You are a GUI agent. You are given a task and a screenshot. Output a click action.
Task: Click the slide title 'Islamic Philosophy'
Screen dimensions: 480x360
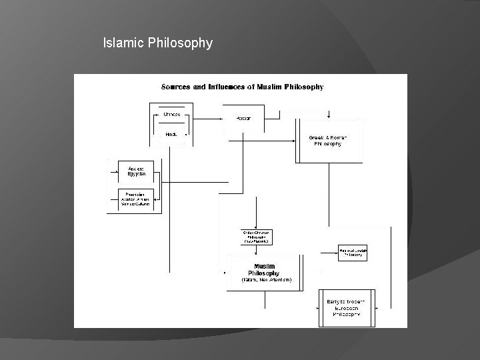pos(158,43)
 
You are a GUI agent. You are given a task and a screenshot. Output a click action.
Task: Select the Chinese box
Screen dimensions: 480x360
pos(171,115)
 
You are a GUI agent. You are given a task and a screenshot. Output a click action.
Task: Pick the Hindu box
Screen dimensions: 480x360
pos(171,134)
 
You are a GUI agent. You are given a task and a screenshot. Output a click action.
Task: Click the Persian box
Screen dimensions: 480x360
pos(244,118)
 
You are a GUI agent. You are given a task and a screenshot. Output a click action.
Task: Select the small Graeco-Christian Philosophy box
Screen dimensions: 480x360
pos(257,237)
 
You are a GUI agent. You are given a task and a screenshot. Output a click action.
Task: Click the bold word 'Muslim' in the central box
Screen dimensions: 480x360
pos(264,266)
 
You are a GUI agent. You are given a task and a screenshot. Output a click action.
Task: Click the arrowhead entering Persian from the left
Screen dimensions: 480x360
pos(222,118)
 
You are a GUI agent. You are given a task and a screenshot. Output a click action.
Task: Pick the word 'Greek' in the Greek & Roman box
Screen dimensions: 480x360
pos(317,138)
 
